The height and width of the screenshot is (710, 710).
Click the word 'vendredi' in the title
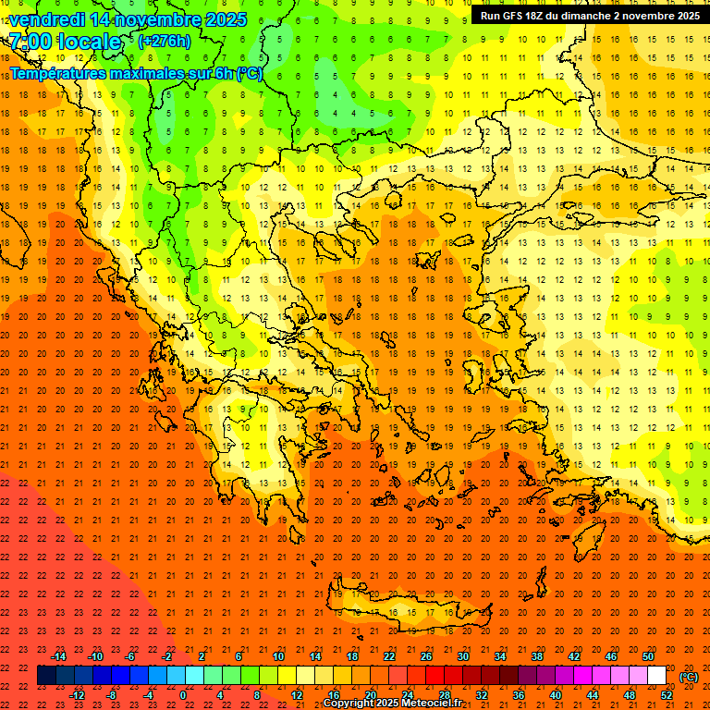pos(46,19)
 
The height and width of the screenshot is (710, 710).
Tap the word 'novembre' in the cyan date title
pos(161,19)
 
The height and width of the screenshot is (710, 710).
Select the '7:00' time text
pos(29,42)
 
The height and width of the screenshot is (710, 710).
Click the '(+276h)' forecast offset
pos(164,42)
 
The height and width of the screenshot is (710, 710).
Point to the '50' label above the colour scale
pos(647,656)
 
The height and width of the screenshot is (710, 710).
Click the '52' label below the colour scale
pos(666,695)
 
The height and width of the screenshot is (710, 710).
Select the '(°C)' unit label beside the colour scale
pos(689,677)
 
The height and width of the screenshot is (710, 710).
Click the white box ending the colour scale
pos(656,676)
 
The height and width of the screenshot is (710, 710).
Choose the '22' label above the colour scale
pos(389,656)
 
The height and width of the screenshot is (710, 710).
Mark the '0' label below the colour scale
pos(184,695)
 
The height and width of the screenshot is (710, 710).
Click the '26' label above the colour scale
pos(426,656)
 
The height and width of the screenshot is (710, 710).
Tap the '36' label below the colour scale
pos(518,695)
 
